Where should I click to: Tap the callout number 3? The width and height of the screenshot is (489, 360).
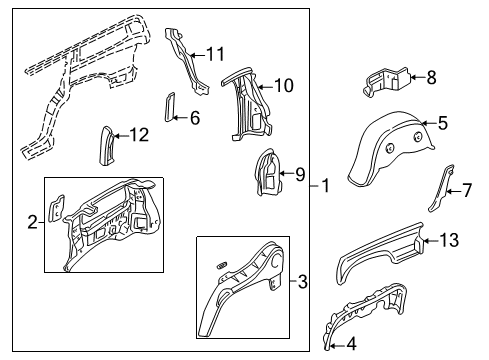pyautogui.click(x=304, y=281)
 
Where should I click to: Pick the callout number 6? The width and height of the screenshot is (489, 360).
pyautogui.click(x=194, y=117)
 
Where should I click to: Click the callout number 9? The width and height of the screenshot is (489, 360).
pyautogui.click(x=298, y=174)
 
